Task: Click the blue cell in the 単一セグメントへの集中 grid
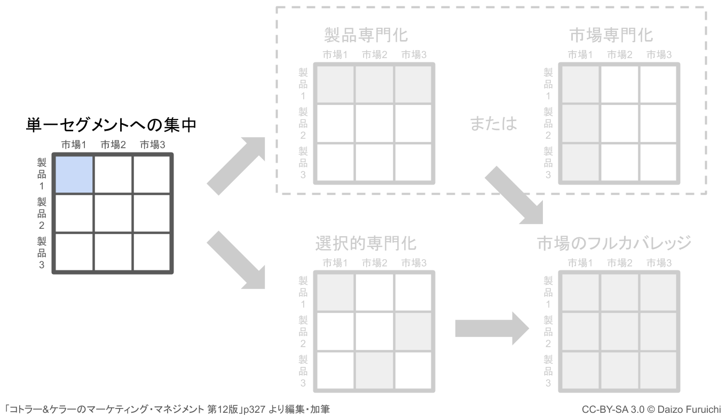click(x=74, y=174)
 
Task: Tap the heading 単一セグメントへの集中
click(x=112, y=126)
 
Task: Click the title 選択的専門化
click(x=366, y=243)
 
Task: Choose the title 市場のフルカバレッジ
click(x=614, y=243)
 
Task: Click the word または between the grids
click(x=493, y=123)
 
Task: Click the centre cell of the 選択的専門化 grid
click(x=374, y=331)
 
